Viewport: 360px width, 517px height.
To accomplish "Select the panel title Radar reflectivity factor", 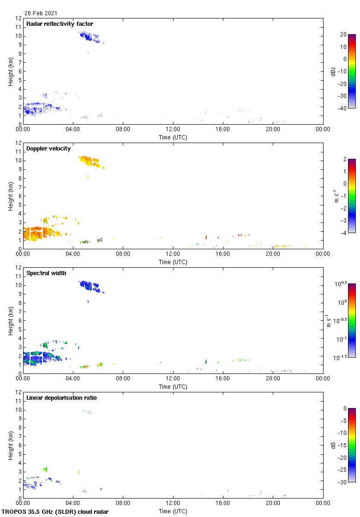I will pyautogui.click(x=60, y=24).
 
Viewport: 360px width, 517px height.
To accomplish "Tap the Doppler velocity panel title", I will pyautogui.click(x=48, y=149).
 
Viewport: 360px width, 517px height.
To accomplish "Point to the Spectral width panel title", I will pyautogui.click(x=46, y=273).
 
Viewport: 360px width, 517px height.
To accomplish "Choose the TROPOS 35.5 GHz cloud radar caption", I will pyautogui.click(x=55, y=512).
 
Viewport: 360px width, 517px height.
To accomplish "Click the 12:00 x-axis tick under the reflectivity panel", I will pyautogui.click(x=173, y=130).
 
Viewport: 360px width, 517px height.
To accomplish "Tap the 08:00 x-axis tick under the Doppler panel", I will pyautogui.click(x=123, y=254).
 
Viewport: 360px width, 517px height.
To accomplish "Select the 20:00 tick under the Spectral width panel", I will pyautogui.click(x=273, y=379).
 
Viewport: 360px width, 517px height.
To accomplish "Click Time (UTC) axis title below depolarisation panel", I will pyautogui.click(x=173, y=511).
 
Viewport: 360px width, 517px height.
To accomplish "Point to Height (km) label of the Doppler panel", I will pyautogui.click(x=11, y=196).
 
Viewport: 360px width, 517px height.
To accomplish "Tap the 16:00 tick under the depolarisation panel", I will pyautogui.click(x=223, y=504).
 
